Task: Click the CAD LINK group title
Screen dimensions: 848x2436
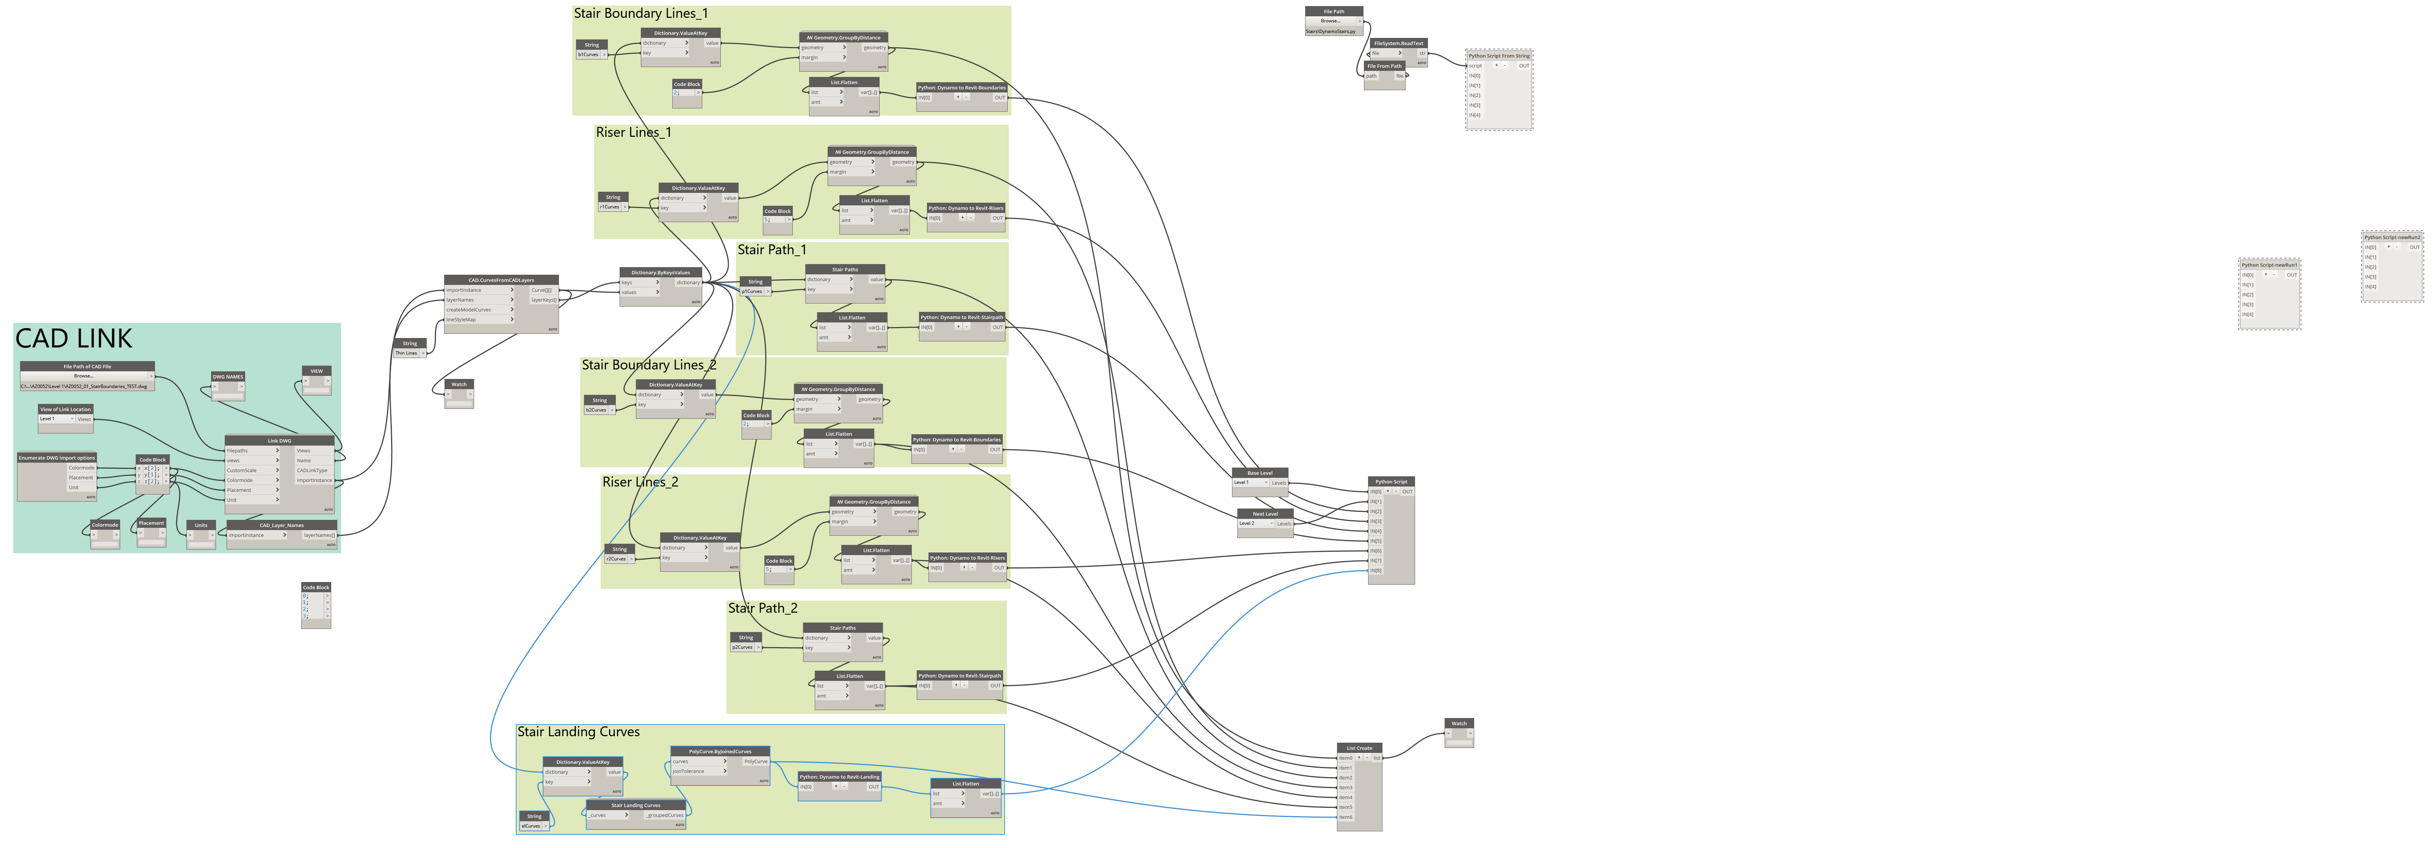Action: pos(74,338)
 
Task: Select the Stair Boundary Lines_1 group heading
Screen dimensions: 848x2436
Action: pos(640,13)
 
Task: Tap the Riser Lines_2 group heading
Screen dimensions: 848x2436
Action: pos(640,482)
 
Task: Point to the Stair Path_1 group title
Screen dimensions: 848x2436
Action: pos(772,250)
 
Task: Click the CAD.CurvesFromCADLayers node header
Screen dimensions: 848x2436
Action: pos(501,280)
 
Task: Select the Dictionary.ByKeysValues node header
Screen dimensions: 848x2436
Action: pos(660,272)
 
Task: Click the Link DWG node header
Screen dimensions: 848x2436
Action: pos(279,441)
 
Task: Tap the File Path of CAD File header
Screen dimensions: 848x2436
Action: pos(87,366)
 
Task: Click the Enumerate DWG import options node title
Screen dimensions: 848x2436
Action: pos(57,458)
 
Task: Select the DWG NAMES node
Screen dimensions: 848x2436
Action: pos(228,376)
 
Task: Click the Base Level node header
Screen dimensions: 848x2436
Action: pos(1260,473)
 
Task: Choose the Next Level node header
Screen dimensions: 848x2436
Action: pos(1265,514)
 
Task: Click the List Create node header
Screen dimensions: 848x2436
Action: pos(1359,748)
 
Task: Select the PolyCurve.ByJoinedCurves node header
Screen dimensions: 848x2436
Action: pos(720,752)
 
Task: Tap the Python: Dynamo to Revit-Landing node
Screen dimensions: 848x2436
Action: pos(840,777)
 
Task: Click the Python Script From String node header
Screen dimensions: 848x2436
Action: pos(1499,56)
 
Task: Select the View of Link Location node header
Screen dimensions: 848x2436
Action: pos(65,409)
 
